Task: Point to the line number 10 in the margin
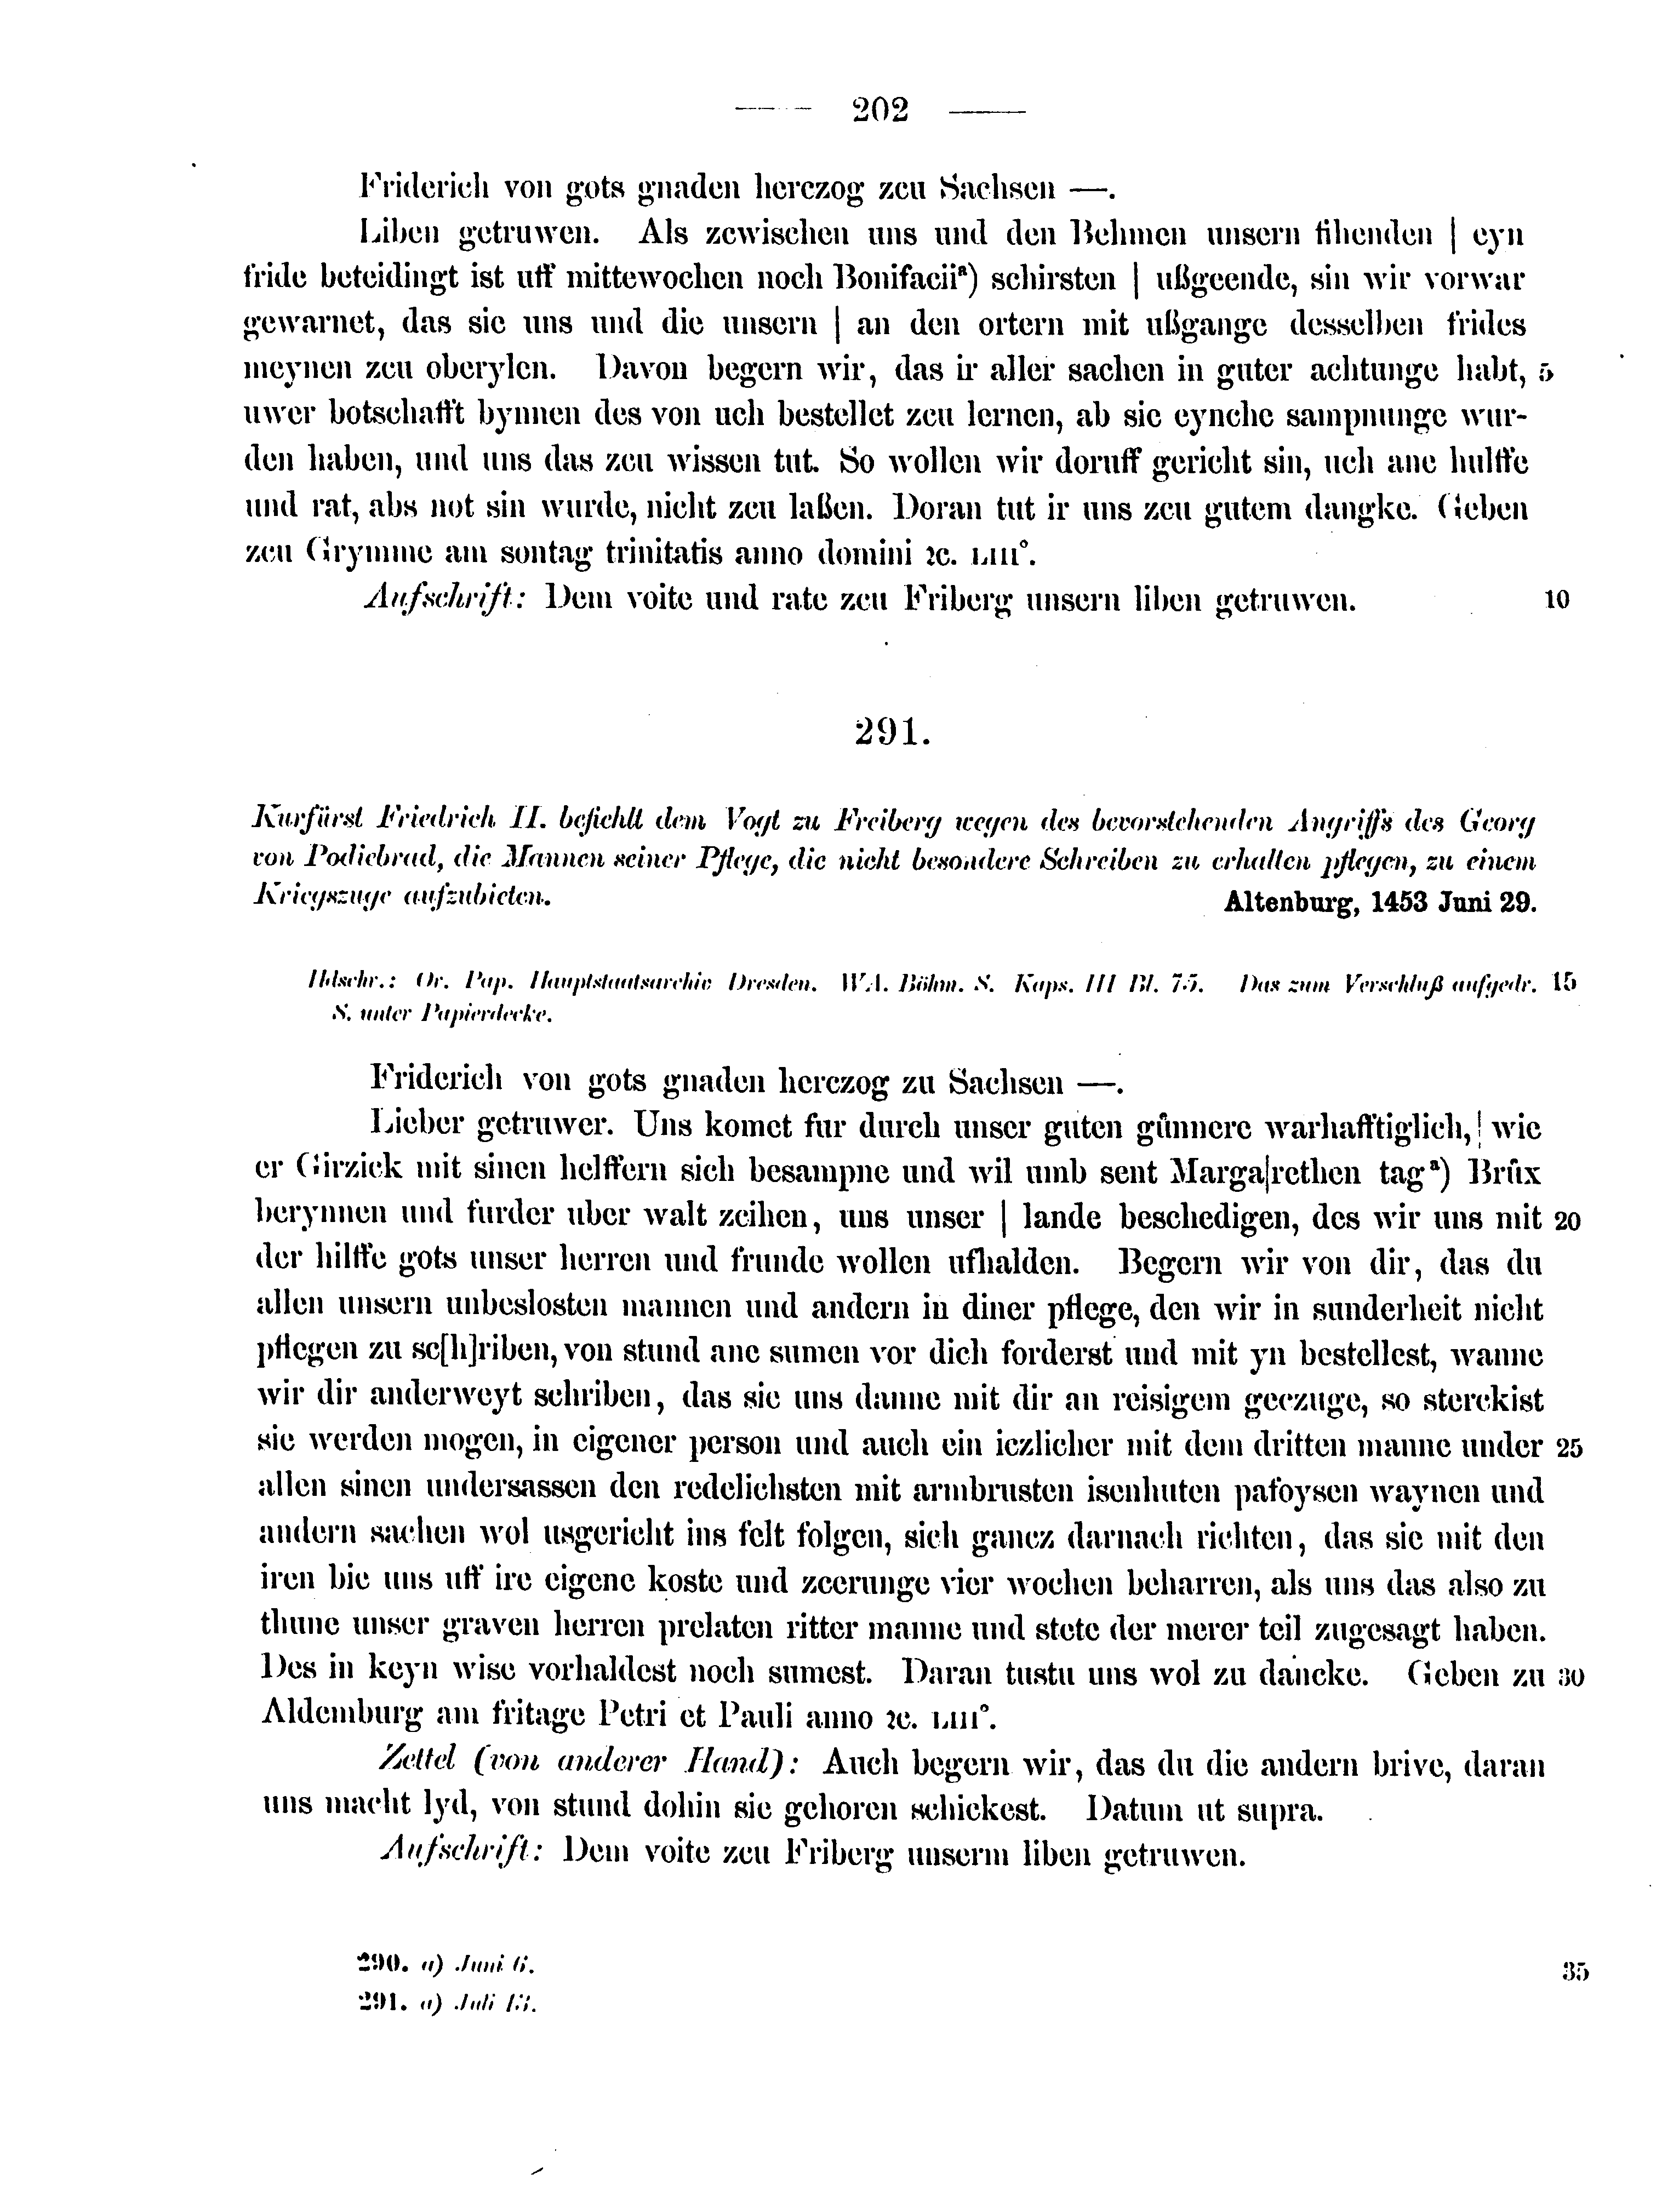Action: point(1557,600)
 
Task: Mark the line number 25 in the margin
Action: point(1569,1447)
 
